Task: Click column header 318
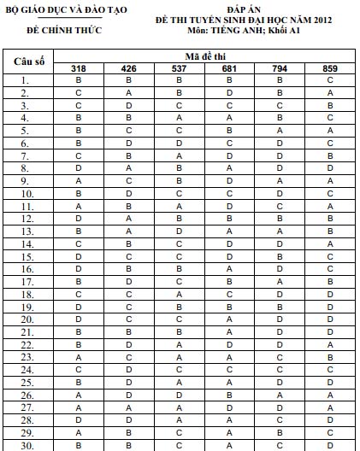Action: tap(79, 67)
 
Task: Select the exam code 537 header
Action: tap(179, 67)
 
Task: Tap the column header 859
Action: tap(330, 67)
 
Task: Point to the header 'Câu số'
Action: tap(29, 62)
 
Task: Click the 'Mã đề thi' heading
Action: tap(204, 56)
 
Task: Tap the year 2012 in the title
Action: tap(304, 19)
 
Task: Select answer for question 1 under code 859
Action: tap(330, 79)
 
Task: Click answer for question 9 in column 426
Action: tap(128, 180)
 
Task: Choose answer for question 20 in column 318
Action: tap(79, 319)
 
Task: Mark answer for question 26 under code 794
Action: tap(280, 395)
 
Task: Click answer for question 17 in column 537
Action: tap(179, 281)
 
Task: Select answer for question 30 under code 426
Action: tap(128, 445)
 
